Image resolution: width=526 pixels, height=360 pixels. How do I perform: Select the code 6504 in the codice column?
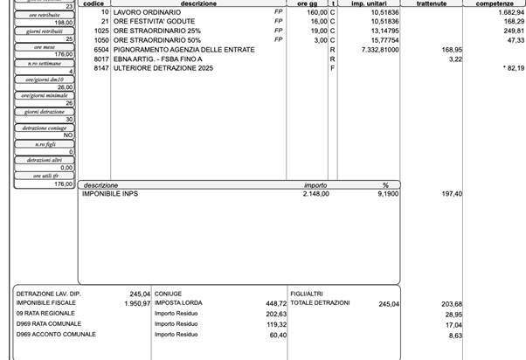click(x=100, y=50)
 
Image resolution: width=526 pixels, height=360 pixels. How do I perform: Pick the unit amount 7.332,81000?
click(x=377, y=50)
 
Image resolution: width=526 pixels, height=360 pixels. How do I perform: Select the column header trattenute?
click(x=432, y=4)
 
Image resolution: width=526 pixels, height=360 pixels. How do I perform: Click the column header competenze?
click(x=495, y=4)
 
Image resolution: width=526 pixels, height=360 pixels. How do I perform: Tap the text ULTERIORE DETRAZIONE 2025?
click(x=163, y=68)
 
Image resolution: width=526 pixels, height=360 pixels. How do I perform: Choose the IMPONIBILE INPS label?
click(x=109, y=193)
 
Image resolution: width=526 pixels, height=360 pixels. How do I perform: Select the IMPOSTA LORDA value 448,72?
click(x=273, y=303)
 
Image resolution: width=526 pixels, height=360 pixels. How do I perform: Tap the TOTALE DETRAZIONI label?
click(x=320, y=303)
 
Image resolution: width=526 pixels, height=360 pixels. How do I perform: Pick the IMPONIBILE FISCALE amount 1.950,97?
click(x=135, y=303)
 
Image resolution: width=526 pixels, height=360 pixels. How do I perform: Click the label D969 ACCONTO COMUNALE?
click(x=56, y=335)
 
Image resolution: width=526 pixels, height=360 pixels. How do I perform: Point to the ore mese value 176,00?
click(x=63, y=54)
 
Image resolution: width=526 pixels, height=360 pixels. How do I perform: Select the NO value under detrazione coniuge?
click(x=68, y=135)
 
